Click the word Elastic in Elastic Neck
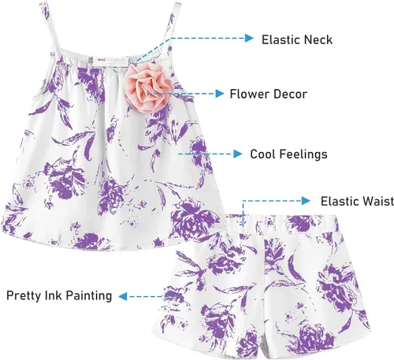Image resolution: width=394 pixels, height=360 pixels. pyautogui.click(x=281, y=39)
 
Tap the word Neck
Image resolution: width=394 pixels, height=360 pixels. pyautogui.click(x=318, y=39)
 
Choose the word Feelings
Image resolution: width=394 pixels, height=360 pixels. pyautogui.click(x=303, y=154)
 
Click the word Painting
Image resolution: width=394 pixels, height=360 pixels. pyautogui.click(x=88, y=296)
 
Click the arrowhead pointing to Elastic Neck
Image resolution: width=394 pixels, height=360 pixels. pyautogui.click(x=249, y=38)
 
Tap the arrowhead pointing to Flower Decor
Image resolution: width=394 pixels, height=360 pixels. pyautogui.click(x=219, y=94)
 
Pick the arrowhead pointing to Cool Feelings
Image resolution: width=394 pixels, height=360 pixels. pyautogui.click(x=238, y=154)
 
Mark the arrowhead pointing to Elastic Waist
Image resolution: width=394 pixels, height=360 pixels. pyautogui.click(x=306, y=201)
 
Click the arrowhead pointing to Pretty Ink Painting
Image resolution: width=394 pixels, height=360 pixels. pyautogui.click(x=123, y=296)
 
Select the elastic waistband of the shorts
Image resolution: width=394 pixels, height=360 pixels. pyautogui.click(x=282, y=223)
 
